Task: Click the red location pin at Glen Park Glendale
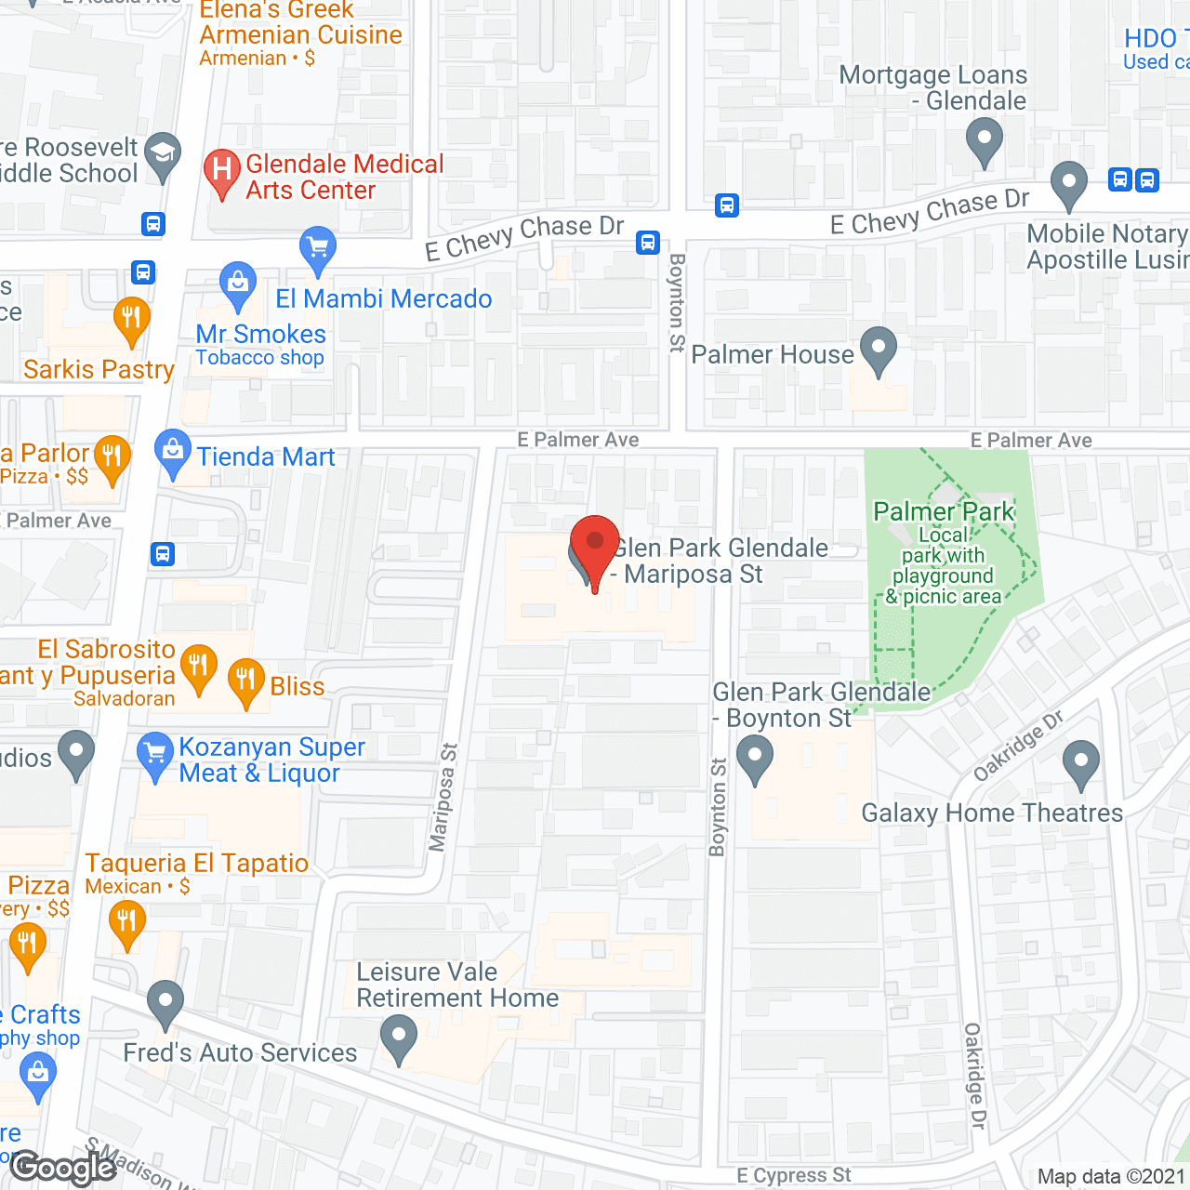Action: coord(594,545)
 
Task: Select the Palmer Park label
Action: coord(944,511)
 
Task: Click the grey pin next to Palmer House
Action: coord(879,350)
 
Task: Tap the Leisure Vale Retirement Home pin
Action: coord(399,1038)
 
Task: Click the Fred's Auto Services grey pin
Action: coord(165,1002)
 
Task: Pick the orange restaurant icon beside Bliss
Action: coord(245,681)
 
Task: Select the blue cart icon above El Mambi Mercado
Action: coord(318,248)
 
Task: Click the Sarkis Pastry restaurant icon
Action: coord(131,319)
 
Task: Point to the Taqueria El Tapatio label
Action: coord(197,863)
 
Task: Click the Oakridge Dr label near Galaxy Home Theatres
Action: coord(1018,747)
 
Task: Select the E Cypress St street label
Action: coord(793,1175)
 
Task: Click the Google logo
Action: coord(63,1168)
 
